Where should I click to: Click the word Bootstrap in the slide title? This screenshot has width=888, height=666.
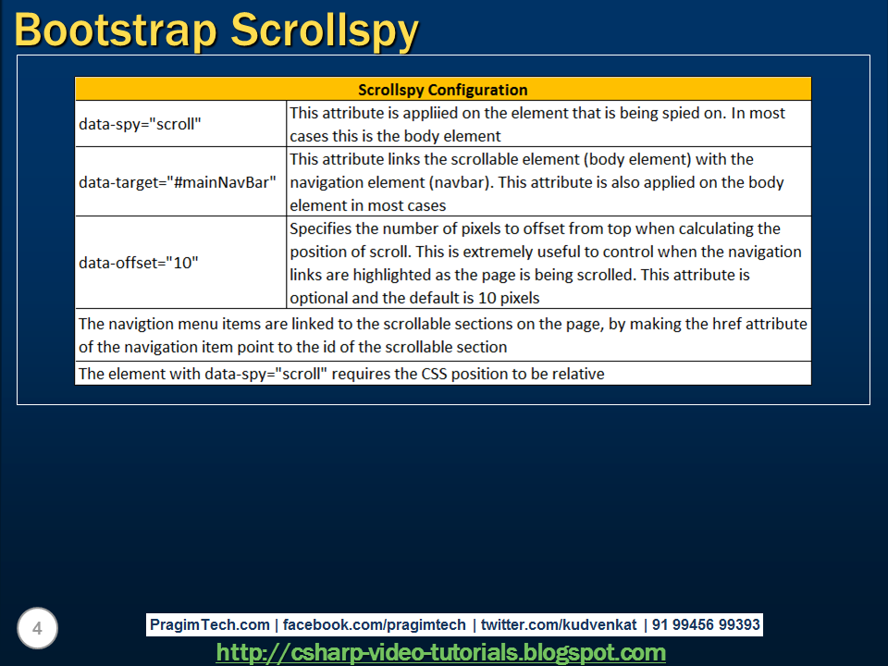point(116,30)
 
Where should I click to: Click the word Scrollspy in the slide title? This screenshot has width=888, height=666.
point(325,30)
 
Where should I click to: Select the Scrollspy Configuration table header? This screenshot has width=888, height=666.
point(442,90)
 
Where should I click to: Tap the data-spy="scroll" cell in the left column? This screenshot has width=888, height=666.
point(140,124)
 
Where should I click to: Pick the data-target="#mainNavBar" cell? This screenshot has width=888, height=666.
point(178,181)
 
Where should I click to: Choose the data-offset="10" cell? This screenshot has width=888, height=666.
point(139,262)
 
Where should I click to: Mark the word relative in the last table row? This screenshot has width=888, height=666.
point(576,374)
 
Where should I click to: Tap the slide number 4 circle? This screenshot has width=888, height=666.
point(37,629)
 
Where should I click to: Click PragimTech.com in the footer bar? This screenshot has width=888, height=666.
point(210,624)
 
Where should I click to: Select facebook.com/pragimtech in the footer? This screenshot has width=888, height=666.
point(376,624)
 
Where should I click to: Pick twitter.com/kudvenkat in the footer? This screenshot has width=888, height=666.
point(558,624)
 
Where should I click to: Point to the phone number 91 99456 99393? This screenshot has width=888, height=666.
point(706,624)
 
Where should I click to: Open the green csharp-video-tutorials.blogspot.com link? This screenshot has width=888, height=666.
point(441,652)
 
